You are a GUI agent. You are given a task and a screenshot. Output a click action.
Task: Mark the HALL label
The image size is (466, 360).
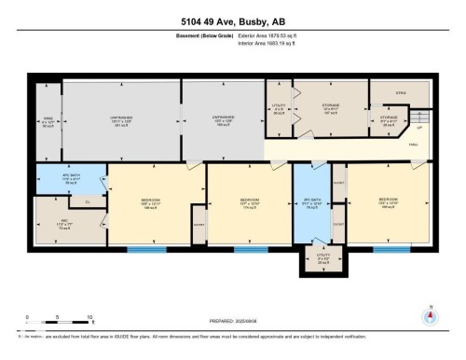point(413,144)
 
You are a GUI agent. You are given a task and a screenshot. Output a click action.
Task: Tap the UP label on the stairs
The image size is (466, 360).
point(420,128)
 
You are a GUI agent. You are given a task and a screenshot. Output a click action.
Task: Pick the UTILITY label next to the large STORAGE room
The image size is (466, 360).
point(279,108)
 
